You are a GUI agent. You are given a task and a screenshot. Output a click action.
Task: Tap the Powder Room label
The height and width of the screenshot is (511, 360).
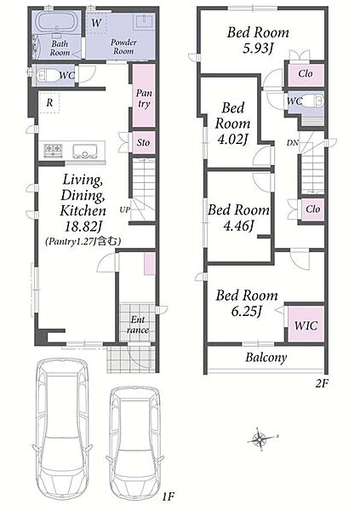coord(123,47)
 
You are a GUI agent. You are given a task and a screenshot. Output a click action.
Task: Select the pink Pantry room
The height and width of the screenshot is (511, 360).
coord(143,95)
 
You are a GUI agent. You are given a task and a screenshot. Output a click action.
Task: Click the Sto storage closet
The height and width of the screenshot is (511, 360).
coord(143,142)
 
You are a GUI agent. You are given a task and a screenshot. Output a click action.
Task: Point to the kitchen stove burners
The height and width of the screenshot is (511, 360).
coord(53,150)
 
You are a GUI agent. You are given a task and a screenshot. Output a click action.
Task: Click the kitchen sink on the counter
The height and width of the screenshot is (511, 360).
coord(86,151)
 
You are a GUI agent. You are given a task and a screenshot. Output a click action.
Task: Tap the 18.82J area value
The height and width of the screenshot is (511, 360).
coord(83,227)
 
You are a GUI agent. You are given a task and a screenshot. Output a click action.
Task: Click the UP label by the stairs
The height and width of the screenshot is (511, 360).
coord(124,210)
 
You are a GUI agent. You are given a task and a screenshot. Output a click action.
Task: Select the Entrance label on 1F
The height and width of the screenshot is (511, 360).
coord(138,324)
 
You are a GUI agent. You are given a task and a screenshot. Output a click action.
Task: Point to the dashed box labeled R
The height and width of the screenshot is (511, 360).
coord(49,103)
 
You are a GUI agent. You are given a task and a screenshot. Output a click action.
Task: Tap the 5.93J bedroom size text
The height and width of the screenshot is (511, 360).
coord(257,49)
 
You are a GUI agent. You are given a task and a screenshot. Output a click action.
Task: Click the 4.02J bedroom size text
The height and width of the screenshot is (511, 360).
coord(232,139)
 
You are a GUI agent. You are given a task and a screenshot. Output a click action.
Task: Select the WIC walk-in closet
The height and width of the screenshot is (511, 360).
coord(306,324)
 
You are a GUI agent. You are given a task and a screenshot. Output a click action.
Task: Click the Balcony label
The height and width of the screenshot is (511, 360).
coord(266,358)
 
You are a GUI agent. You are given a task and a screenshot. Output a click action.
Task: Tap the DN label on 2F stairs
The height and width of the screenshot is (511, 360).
coord(293,142)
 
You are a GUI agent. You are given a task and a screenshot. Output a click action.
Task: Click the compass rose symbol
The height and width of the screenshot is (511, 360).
coord(260,439)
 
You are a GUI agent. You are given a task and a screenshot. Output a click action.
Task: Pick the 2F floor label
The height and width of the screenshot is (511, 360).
coord(322,384)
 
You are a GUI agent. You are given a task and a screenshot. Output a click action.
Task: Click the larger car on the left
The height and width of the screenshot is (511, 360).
coord(61,432)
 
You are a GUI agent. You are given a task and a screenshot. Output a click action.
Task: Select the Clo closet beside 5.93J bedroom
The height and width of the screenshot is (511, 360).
coord(306,74)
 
